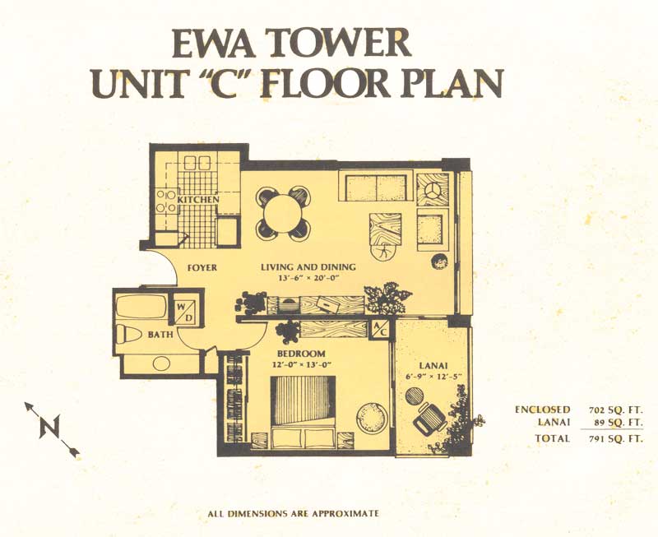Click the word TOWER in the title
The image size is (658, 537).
click(339, 44)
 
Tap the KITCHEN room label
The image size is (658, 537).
click(197, 199)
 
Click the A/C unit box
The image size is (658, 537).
click(380, 328)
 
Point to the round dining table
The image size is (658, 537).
click(283, 214)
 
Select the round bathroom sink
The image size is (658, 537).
click(161, 363)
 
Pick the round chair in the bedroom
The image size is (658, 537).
click(371, 417)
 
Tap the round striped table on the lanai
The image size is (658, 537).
click(415, 396)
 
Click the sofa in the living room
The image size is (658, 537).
click(376, 187)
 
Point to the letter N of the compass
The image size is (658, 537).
click(50, 427)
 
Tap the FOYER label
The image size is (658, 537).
click(202, 267)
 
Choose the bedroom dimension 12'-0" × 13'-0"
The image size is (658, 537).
click(302, 364)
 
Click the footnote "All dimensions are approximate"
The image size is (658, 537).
click(294, 513)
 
